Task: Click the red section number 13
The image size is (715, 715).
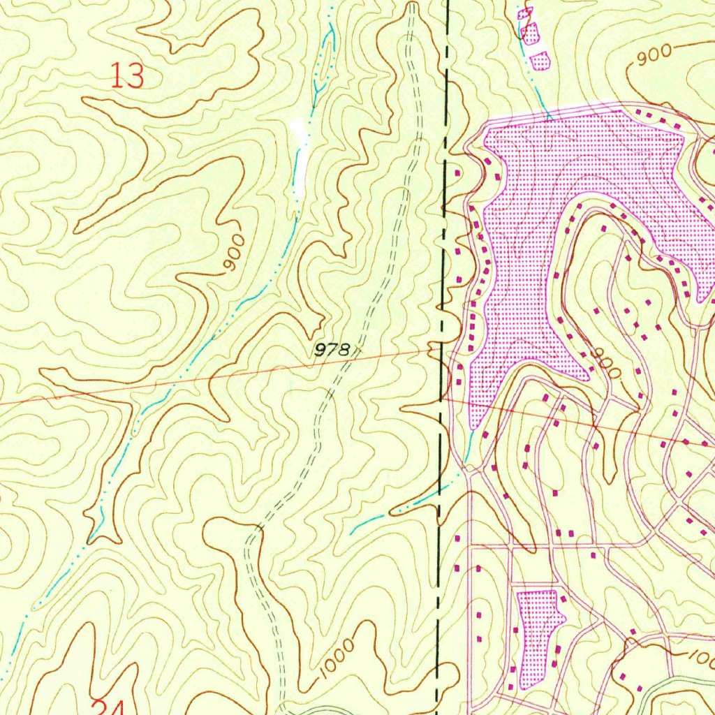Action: [x=128, y=75]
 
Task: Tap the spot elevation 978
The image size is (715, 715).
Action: [x=331, y=351]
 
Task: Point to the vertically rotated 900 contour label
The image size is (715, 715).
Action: [x=235, y=254]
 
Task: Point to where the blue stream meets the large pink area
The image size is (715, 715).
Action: [x=549, y=117]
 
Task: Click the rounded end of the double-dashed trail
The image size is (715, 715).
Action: [x=412, y=7]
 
